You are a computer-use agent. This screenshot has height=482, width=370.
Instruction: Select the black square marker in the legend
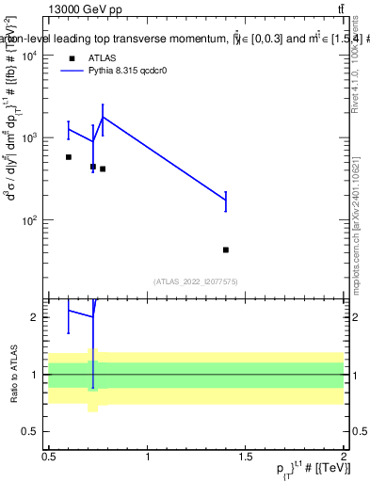tap(72, 57)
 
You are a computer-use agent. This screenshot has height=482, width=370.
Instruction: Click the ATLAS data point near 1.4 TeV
tap(226, 249)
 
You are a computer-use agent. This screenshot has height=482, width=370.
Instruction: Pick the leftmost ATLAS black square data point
tap(69, 157)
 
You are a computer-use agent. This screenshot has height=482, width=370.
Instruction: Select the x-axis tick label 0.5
tap(49, 457)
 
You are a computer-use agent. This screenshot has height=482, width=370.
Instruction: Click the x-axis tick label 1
tap(148, 457)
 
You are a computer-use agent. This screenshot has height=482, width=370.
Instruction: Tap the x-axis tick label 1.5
tap(246, 457)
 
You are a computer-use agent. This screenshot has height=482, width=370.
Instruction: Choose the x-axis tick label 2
tap(344, 457)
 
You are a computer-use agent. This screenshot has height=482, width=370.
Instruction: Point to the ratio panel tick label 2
tap(39, 317)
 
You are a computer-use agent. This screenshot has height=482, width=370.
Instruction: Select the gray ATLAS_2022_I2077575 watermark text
tap(197, 281)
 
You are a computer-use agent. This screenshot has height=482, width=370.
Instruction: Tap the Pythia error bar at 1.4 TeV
tap(226, 200)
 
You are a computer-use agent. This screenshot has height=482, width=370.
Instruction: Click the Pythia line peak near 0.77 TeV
tap(103, 117)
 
